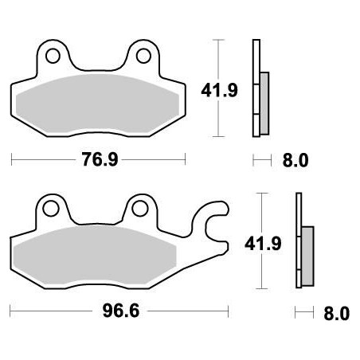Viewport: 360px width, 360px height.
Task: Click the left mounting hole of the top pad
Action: pos(54,57)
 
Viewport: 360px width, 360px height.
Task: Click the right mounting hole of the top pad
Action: pos(144,56)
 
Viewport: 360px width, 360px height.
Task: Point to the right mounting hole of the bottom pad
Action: pos(141,209)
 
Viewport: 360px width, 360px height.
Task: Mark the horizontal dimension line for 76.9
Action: pos(48,160)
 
